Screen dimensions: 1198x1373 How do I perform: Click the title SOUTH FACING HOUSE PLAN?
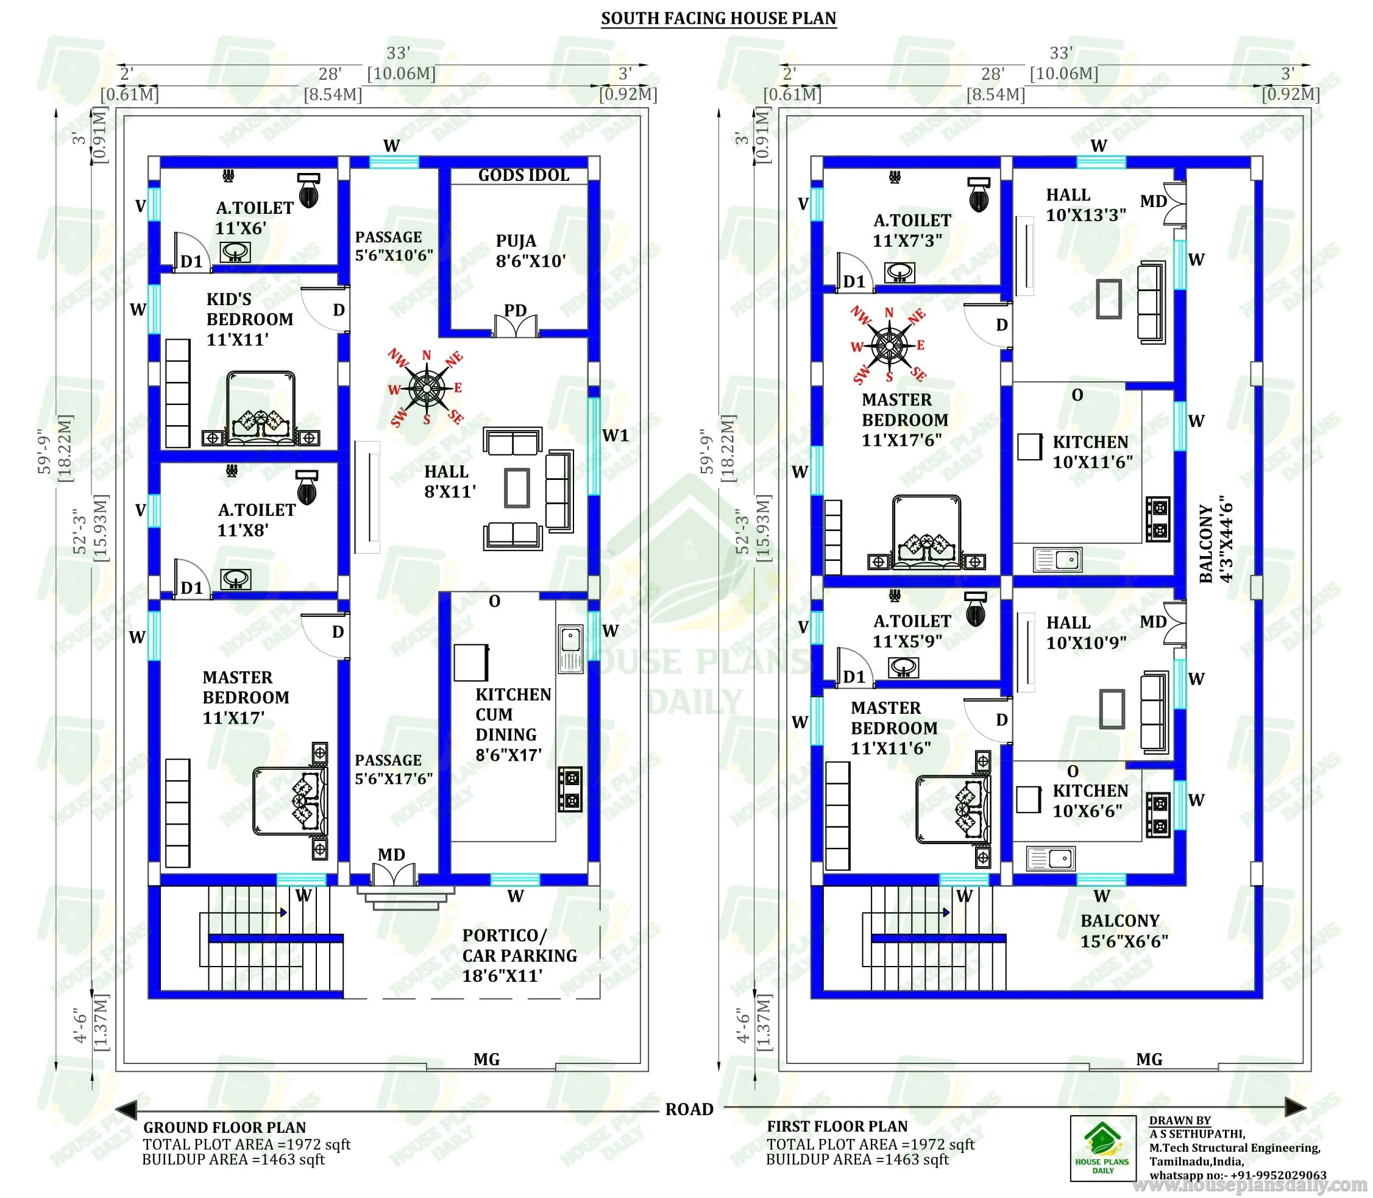point(718,18)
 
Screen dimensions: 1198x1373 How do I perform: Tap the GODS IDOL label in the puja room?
point(523,175)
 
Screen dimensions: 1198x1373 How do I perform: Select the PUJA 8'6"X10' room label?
point(530,251)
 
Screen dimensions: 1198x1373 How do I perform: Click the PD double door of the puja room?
point(515,326)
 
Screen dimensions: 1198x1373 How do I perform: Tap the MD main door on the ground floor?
point(394,874)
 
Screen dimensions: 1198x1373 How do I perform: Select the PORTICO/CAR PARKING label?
point(519,956)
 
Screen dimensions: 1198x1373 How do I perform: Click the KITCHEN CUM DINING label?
point(513,725)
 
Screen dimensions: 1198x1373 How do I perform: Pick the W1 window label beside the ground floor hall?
point(616,436)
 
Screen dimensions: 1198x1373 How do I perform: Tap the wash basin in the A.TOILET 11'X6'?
point(235,252)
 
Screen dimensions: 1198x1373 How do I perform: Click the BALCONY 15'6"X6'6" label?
point(1124,931)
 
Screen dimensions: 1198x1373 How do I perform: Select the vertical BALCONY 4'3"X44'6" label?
point(1215,540)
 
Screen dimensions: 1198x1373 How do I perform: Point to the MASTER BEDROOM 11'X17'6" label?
point(904,420)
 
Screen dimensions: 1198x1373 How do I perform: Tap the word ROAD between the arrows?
point(689,1109)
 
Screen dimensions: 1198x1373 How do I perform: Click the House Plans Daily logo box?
point(1103,1148)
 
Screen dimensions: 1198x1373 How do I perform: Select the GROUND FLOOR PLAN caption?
point(224,1127)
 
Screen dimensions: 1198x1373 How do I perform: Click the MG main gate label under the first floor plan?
point(1149,1059)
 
